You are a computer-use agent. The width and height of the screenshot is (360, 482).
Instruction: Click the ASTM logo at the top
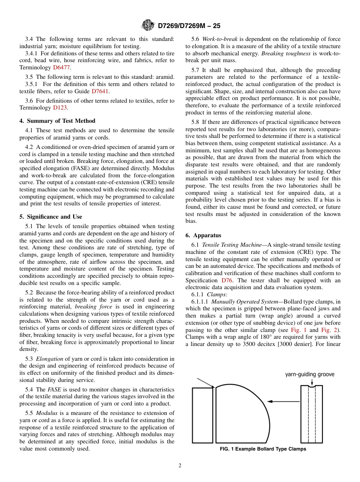(x=148, y=26)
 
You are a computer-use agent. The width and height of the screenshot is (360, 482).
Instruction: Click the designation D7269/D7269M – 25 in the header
(x=189, y=26)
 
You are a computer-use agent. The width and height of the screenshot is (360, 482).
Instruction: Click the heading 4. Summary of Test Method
(x=57, y=121)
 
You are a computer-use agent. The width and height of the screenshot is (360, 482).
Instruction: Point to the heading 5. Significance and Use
(x=50, y=217)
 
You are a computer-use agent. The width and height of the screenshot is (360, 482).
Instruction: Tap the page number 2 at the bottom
(x=180, y=466)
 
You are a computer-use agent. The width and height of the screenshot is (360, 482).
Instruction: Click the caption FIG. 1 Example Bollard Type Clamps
(x=263, y=449)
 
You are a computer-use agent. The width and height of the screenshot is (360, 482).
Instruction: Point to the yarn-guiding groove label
(x=310, y=374)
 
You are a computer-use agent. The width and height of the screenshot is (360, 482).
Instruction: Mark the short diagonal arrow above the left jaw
(x=206, y=383)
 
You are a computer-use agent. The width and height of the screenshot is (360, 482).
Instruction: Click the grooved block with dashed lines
(x=311, y=414)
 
